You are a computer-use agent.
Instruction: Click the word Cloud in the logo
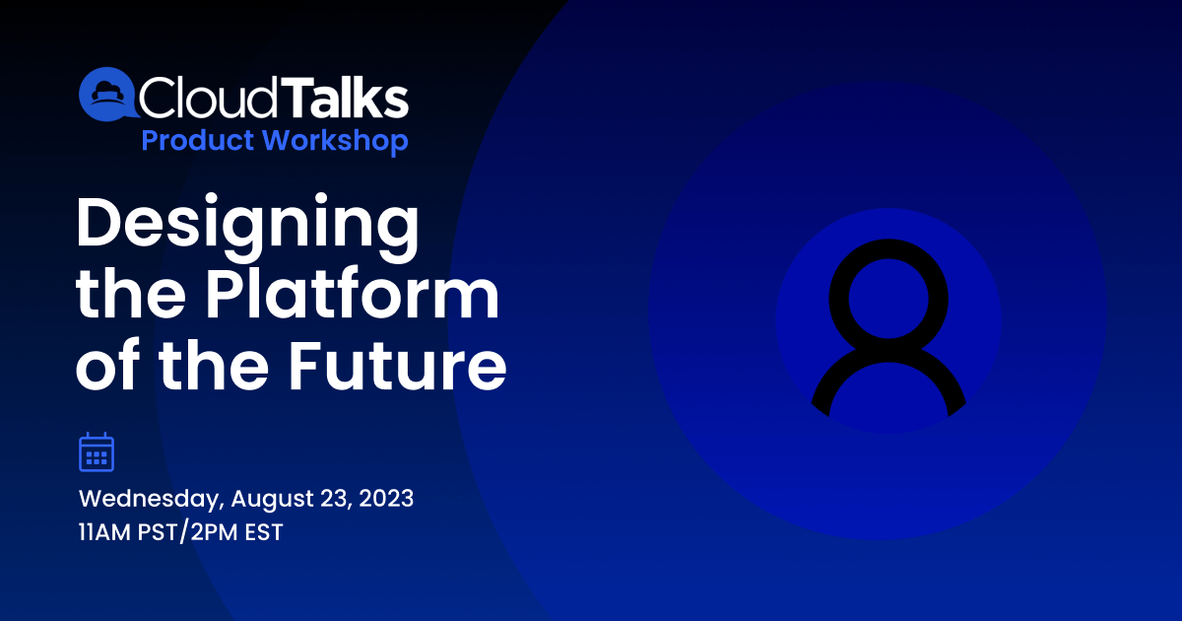208,97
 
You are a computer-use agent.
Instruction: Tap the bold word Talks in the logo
345,97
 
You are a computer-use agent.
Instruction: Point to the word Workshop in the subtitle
336,142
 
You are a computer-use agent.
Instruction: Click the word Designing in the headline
247,228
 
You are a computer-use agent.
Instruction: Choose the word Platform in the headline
352,294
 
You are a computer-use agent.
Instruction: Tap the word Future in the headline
397,366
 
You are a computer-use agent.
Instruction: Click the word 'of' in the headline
108,365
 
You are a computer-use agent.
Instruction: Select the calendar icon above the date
97,451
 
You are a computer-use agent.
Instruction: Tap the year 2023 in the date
386,499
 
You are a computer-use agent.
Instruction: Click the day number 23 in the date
336,499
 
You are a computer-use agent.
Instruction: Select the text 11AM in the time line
104,532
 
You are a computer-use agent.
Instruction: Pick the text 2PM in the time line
215,532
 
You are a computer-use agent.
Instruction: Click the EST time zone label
264,532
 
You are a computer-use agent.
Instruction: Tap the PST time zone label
157,532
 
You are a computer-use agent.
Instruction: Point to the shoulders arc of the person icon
888,353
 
